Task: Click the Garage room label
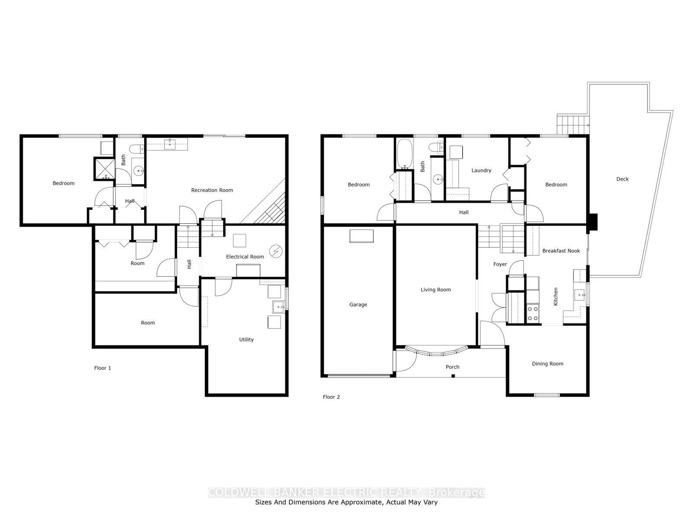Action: (358, 305)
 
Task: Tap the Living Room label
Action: (436, 290)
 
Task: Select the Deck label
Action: (622, 179)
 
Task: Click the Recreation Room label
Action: (212, 190)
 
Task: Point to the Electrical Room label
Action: (245, 257)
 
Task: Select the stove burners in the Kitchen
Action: (532, 314)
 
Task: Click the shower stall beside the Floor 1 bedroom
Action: (104, 169)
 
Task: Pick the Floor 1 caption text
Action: (103, 368)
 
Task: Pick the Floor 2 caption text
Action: (331, 397)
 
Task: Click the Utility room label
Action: (246, 339)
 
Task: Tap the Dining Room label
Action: (547, 364)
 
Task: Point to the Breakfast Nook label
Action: (561, 251)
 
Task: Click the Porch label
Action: (452, 367)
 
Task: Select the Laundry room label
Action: (481, 170)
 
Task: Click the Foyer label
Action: (500, 264)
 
